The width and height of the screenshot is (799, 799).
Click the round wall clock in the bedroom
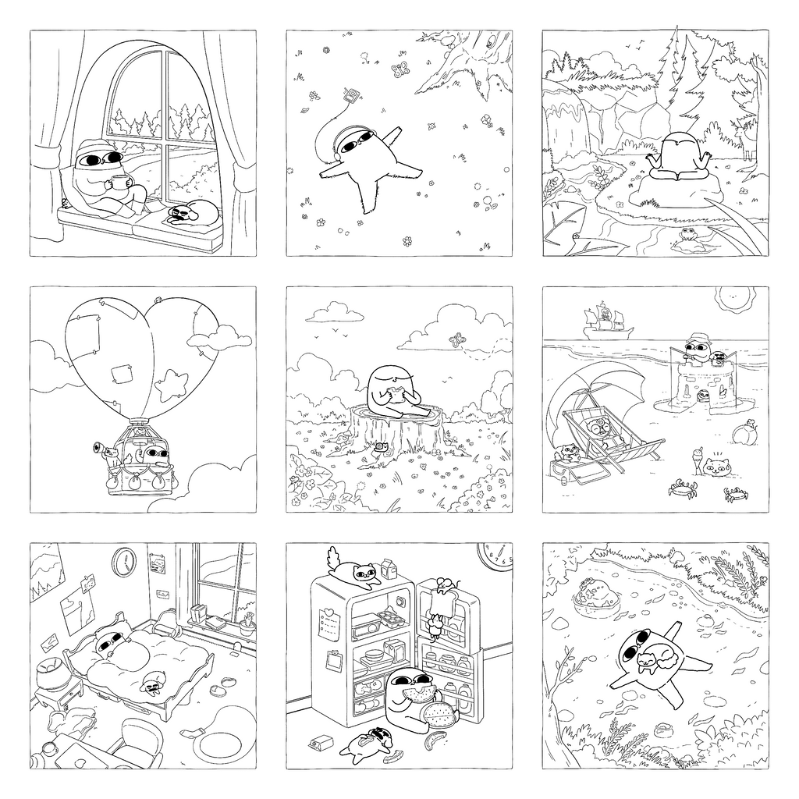[x=123, y=561]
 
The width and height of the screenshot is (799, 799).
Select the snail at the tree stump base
[x=382, y=448]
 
